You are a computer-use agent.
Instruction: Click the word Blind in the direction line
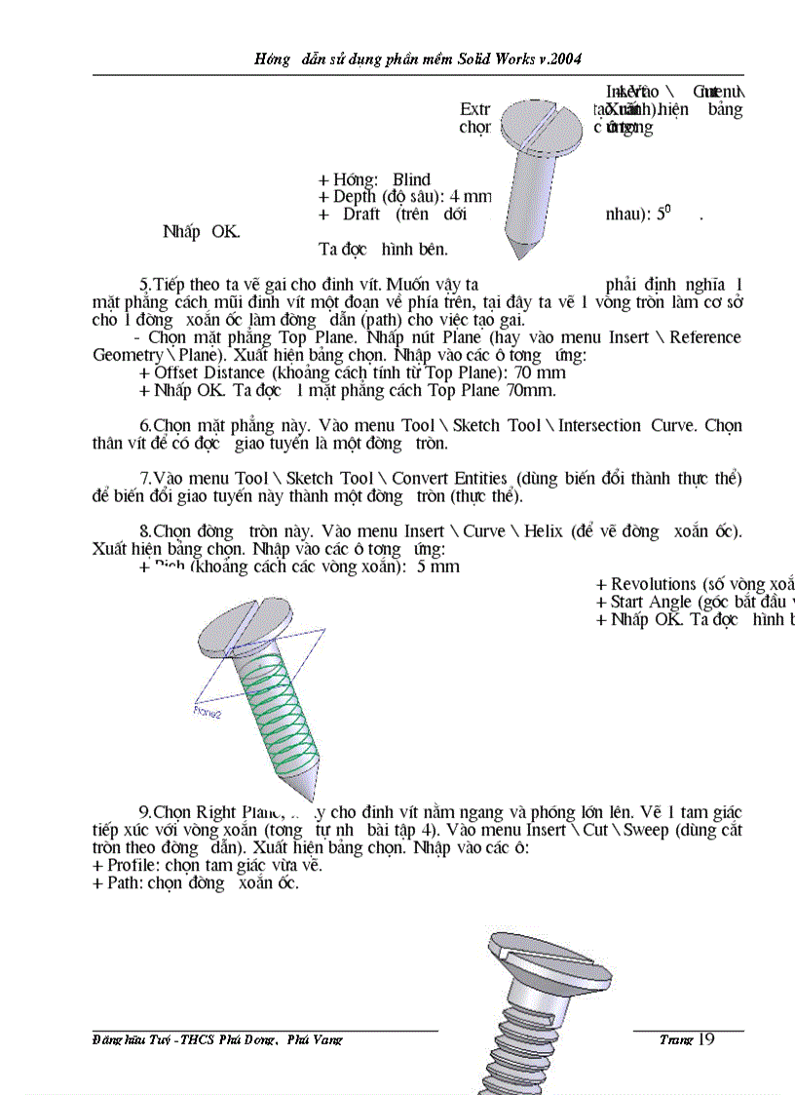tap(411, 179)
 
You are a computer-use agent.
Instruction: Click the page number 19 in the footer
tap(705, 1039)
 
